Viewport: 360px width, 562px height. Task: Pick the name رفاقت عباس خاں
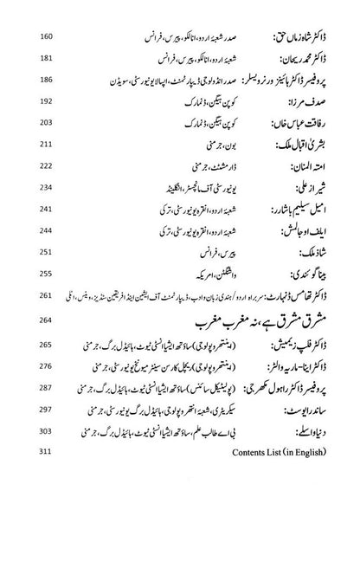tap(300, 123)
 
